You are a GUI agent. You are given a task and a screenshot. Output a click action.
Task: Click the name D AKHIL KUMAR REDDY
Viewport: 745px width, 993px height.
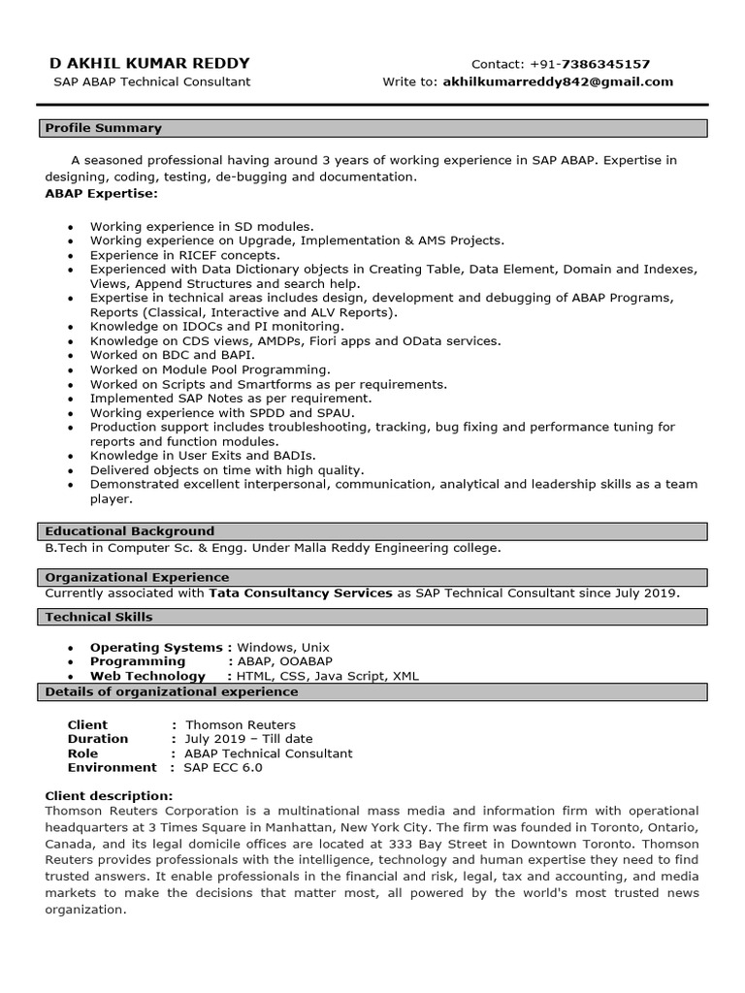click(x=149, y=63)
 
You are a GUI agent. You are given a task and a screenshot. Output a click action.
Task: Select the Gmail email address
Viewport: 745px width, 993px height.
click(x=558, y=81)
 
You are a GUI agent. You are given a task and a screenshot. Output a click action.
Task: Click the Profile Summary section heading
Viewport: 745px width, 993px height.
click(x=104, y=128)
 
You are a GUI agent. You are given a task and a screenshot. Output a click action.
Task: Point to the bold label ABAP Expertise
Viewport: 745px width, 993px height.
click(x=101, y=193)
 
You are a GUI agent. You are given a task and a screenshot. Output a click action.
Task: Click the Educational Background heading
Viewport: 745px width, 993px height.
click(x=130, y=531)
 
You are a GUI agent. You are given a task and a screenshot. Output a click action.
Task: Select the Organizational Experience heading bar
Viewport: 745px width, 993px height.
click(x=138, y=577)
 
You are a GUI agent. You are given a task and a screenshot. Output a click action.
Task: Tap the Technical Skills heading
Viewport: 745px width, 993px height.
click(x=99, y=617)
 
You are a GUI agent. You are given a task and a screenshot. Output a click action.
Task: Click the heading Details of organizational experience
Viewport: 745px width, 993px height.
click(x=172, y=692)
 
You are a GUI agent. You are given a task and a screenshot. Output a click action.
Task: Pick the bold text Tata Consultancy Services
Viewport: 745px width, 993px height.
click(x=301, y=593)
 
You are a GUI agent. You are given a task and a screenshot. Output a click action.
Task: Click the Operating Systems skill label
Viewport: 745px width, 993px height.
click(x=157, y=647)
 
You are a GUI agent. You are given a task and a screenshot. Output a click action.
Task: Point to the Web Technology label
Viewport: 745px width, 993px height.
click(x=147, y=676)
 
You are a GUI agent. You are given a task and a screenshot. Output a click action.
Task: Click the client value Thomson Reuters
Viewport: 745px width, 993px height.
click(x=241, y=724)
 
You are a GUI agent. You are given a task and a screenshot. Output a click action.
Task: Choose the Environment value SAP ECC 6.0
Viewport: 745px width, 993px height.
click(x=224, y=767)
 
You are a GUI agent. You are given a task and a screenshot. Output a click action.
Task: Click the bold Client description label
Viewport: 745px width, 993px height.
click(x=109, y=796)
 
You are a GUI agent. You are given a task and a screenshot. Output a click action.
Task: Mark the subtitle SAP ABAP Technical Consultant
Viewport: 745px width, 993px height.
click(x=151, y=81)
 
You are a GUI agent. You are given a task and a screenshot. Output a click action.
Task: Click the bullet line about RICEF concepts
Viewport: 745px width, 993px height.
click(x=185, y=255)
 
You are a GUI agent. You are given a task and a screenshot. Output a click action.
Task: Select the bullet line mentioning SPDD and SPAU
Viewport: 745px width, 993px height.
click(x=222, y=412)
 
